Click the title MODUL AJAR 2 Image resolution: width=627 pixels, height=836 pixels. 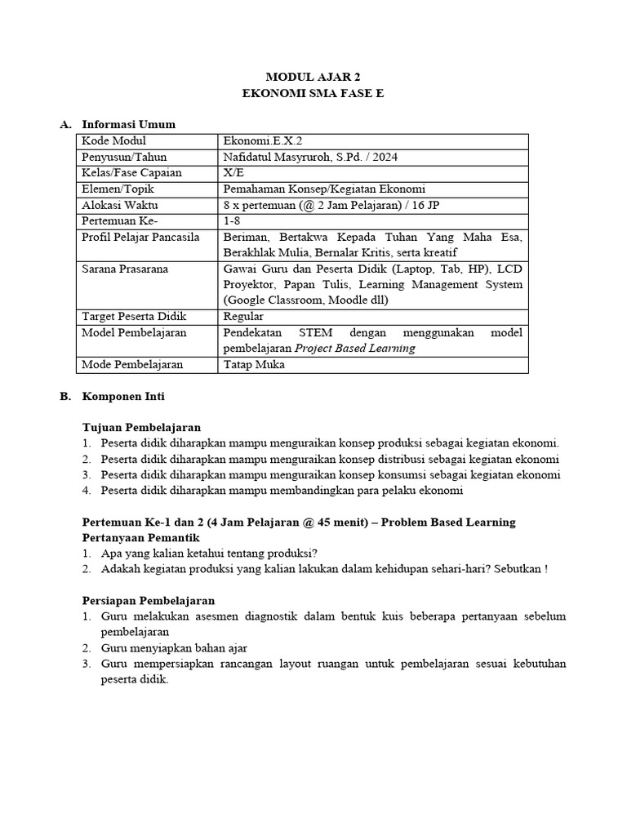313,78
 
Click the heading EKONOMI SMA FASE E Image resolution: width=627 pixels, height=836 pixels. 313,93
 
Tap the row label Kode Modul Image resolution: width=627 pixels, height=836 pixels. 113,141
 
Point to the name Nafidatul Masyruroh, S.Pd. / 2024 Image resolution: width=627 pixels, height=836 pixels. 310,157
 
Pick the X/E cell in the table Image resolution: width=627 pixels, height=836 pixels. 233,173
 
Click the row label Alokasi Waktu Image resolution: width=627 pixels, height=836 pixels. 120,205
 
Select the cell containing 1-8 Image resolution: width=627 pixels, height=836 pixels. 232,221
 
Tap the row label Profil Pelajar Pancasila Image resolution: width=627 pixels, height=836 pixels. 140,237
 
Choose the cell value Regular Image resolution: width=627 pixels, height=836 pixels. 243,317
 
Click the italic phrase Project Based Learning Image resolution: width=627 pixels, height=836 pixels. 355,349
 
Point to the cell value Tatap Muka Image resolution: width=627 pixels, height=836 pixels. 254,365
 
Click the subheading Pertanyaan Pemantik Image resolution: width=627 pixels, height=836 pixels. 141,538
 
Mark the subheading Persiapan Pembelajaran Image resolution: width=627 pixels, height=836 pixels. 149,601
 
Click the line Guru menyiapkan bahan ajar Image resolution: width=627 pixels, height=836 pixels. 174,648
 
